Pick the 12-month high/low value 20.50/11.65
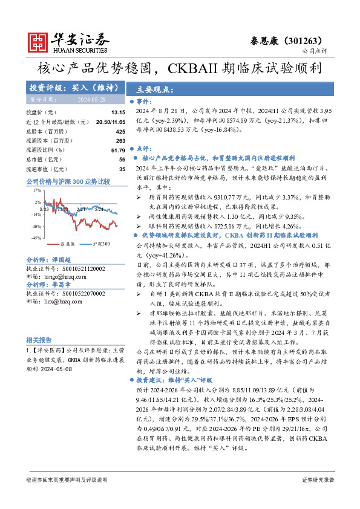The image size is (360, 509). coord(110,122)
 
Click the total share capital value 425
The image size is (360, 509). coord(120,131)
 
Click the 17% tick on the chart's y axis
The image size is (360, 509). coord(38,190)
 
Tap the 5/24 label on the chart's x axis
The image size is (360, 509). coord(99,209)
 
